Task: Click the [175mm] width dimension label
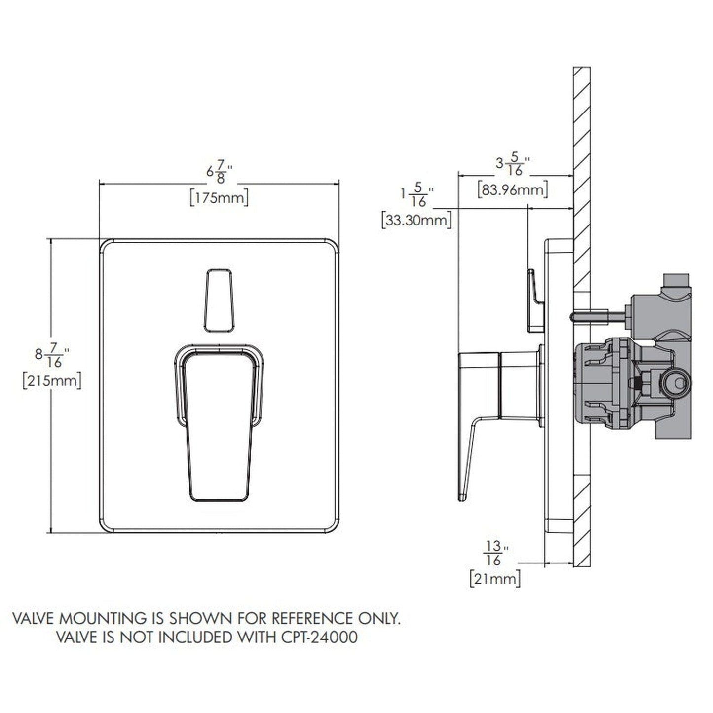(x=219, y=198)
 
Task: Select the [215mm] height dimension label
(x=52, y=381)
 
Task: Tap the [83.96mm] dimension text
(x=513, y=189)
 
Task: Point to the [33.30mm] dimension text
(x=416, y=220)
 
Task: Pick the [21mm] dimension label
(x=495, y=578)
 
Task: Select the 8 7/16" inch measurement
(x=52, y=355)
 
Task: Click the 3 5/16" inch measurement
(x=513, y=165)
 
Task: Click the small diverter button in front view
(x=219, y=300)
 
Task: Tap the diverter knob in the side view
(x=535, y=301)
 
